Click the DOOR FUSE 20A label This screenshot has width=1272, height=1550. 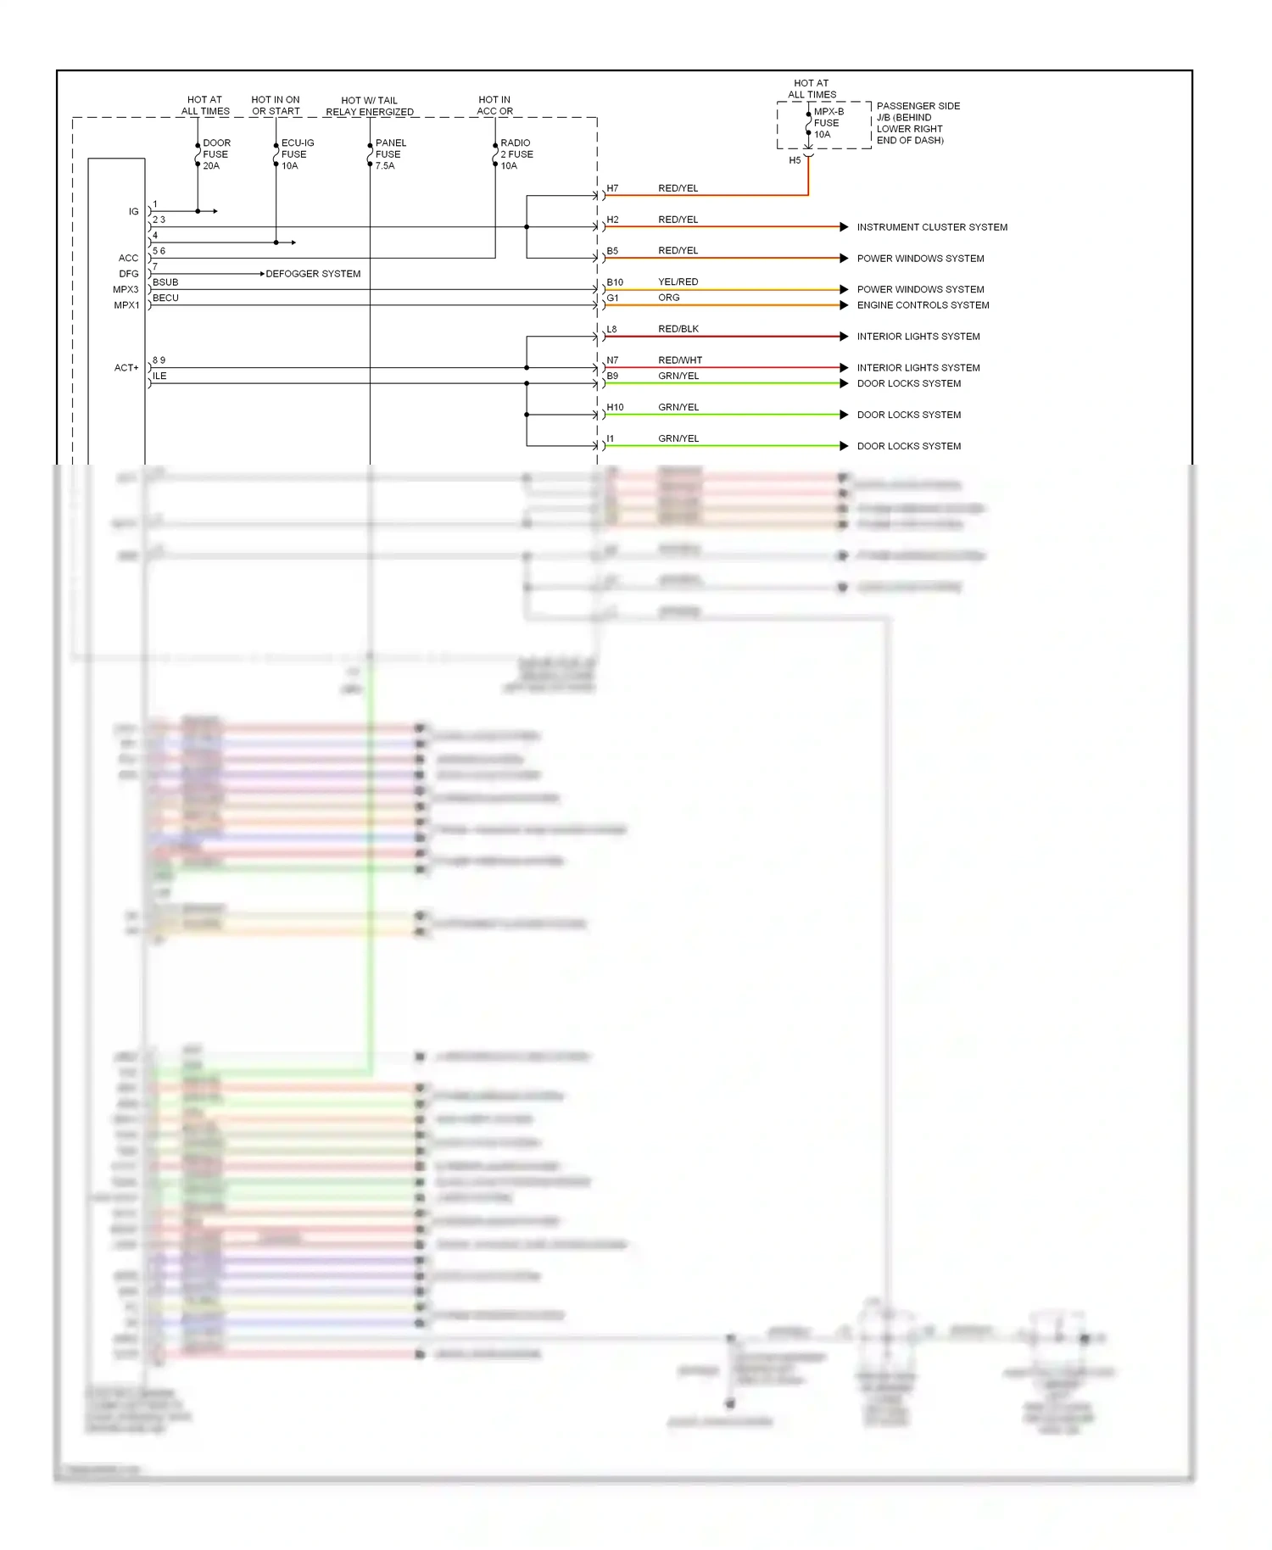pyautogui.click(x=215, y=154)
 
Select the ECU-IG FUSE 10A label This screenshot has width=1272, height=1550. pyautogui.click(x=296, y=154)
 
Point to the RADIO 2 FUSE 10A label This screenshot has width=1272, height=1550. pyautogui.click(x=516, y=154)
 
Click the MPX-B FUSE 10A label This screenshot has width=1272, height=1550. pyautogui.click(x=828, y=123)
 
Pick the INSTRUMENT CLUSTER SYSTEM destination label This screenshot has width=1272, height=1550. pyautogui.click(x=931, y=227)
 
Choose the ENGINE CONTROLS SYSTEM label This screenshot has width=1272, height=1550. pyautogui.click(x=923, y=305)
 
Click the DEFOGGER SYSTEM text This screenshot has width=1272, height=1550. pyautogui.click(x=313, y=274)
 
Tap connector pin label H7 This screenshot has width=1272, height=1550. pyautogui.click(x=612, y=188)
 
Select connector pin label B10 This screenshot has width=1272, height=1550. pyautogui.click(x=615, y=282)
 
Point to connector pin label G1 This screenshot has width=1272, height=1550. pyautogui.click(x=612, y=298)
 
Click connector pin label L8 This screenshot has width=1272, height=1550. pyautogui.click(x=611, y=329)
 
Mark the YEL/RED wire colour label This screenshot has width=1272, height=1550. pyautogui.click(x=678, y=282)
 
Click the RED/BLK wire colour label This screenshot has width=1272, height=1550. pyautogui.click(x=678, y=329)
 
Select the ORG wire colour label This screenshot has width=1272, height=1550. pyautogui.click(x=668, y=298)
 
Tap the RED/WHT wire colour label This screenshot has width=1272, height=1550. pyautogui.click(x=679, y=360)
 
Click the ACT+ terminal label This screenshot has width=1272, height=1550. pyautogui.click(x=126, y=368)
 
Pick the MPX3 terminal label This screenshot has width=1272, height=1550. pyautogui.click(x=126, y=290)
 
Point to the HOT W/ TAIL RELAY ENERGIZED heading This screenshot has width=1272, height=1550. pyautogui.click(x=370, y=106)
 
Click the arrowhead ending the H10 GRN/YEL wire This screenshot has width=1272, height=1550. pyautogui.click(x=844, y=415)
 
